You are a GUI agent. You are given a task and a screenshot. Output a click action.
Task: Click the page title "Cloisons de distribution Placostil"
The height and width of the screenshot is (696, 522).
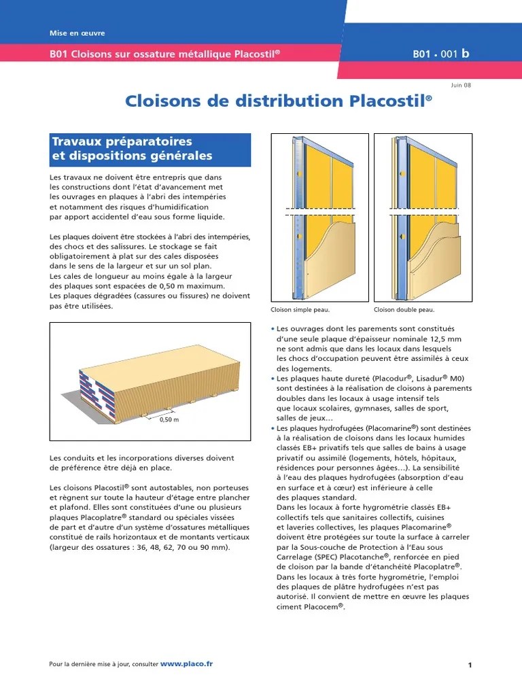[x=278, y=101]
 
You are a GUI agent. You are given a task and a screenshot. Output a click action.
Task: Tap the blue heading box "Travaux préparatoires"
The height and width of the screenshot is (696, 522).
[x=150, y=150]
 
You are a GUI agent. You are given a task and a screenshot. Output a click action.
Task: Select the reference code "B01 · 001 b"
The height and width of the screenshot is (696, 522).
[x=440, y=54]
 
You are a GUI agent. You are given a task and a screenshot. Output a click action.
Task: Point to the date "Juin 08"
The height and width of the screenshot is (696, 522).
[x=461, y=85]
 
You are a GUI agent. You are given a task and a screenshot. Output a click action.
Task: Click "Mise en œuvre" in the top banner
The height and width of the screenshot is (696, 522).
[x=77, y=33]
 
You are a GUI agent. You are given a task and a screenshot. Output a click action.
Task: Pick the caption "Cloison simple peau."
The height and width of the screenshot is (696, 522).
[x=300, y=310]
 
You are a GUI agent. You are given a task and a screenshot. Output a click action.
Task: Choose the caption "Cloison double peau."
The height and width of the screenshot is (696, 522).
[x=404, y=310]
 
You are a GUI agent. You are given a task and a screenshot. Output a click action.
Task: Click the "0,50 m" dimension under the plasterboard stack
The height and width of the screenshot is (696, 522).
[x=169, y=419]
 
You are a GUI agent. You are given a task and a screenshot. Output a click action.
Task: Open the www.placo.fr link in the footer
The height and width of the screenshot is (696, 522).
[x=186, y=664]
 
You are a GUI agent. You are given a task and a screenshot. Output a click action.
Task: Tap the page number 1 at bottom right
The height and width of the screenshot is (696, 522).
[x=470, y=665]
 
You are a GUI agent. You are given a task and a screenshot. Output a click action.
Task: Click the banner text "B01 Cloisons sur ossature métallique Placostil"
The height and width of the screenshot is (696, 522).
[x=164, y=54]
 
